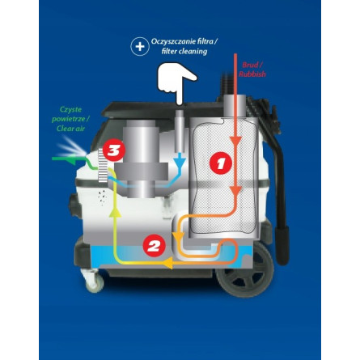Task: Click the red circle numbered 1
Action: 220,163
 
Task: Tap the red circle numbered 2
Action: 153,246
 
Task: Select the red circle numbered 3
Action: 114,150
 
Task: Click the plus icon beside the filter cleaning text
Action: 139,46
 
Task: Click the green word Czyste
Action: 71,109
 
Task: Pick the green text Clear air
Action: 70,128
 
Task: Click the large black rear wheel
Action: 243,284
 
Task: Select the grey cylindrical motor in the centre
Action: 145,158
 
